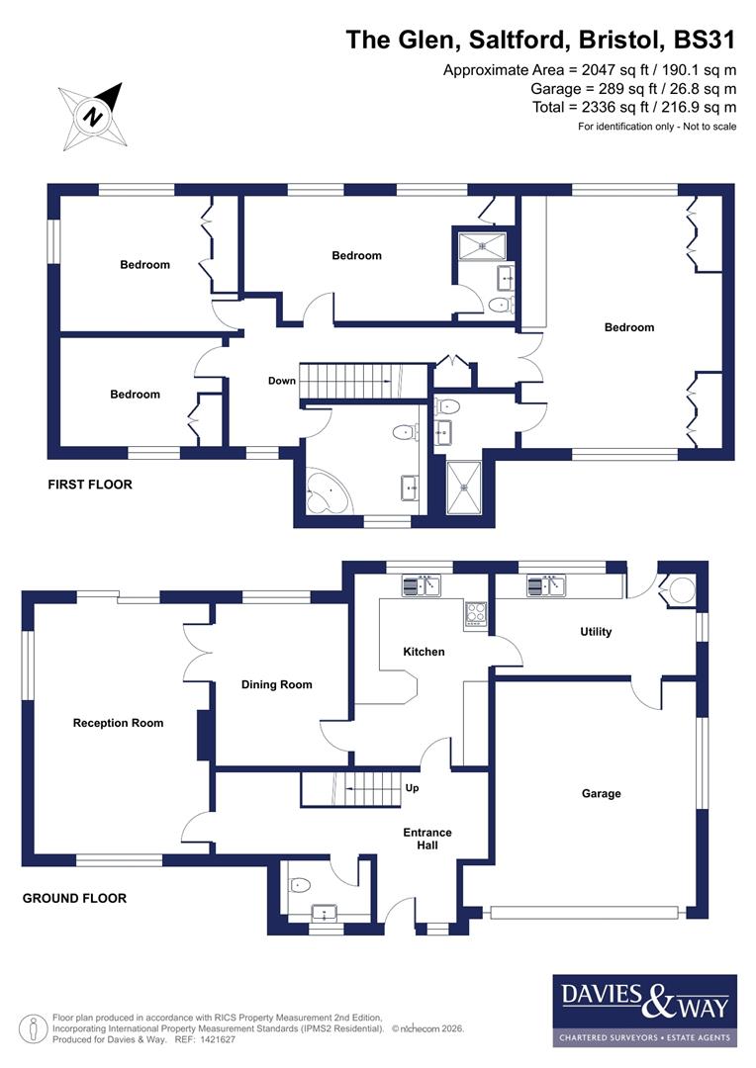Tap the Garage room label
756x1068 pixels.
tap(601, 793)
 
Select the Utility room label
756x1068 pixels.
tap(596, 632)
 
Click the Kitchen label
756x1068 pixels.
tap(424, 652)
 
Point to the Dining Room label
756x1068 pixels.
tap(277, 684)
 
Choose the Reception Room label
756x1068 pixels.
tap(118, 723)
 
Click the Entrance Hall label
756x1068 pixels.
tap(426, 840)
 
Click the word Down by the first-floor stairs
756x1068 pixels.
tap(282, 380)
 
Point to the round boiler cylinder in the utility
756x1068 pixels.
tap(682, 591)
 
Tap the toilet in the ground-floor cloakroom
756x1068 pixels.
tap(301, 883)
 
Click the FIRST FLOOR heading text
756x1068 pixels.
tap(90, 485)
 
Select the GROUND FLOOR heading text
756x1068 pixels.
tap(74, 899)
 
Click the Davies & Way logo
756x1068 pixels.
tap(644, 1010)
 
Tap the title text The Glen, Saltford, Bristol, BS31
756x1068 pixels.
tap(540, 40)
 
